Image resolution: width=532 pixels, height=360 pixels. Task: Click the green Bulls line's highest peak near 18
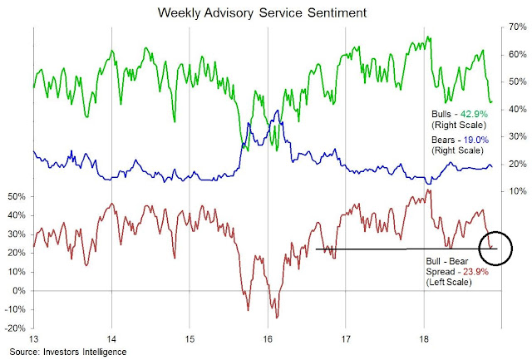coord(429,36)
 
